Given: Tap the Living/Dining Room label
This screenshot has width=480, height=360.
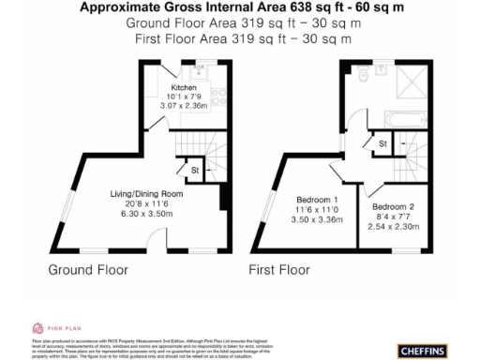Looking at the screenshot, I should click(138, 195).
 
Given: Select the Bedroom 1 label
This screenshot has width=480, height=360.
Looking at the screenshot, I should click(317, 200).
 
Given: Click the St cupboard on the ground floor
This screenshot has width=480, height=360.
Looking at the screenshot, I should click(194, 171).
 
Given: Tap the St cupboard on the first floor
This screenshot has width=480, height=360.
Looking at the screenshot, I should click(382, 143).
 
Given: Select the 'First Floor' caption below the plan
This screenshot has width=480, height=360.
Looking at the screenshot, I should click(278, 270).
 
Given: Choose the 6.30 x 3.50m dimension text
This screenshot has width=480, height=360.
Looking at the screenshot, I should click(138, 213).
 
